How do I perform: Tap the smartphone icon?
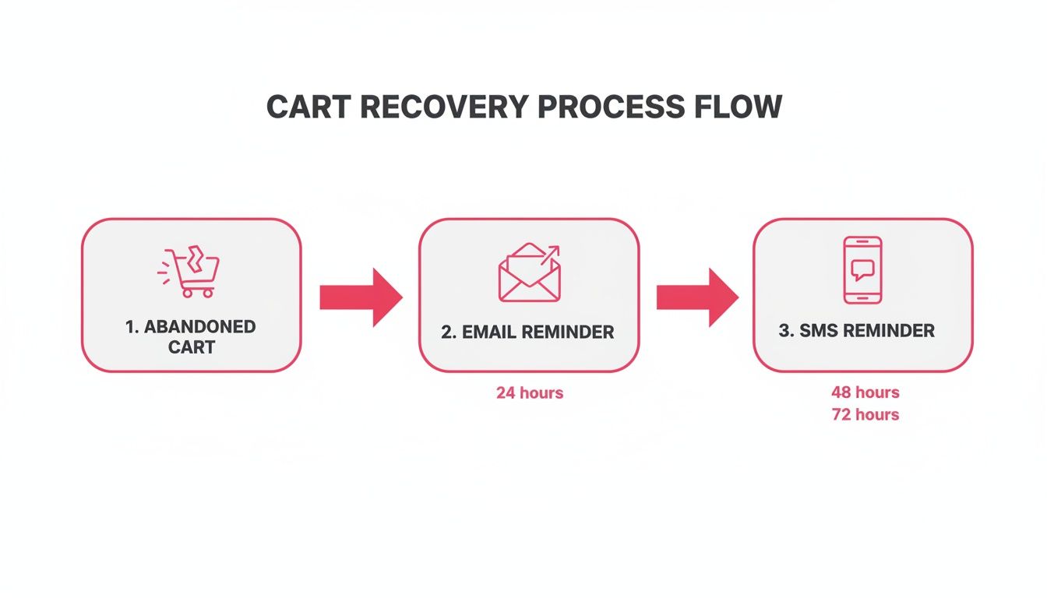[862, 270]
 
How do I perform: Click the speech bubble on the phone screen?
[862, 269]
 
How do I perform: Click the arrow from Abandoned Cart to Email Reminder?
[361, 297]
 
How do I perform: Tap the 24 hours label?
[529, 393]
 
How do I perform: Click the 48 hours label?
[865, 392]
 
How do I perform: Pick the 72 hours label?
[865, 415]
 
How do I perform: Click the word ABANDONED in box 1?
[199, 327]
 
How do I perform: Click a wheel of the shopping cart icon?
[187, 294]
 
